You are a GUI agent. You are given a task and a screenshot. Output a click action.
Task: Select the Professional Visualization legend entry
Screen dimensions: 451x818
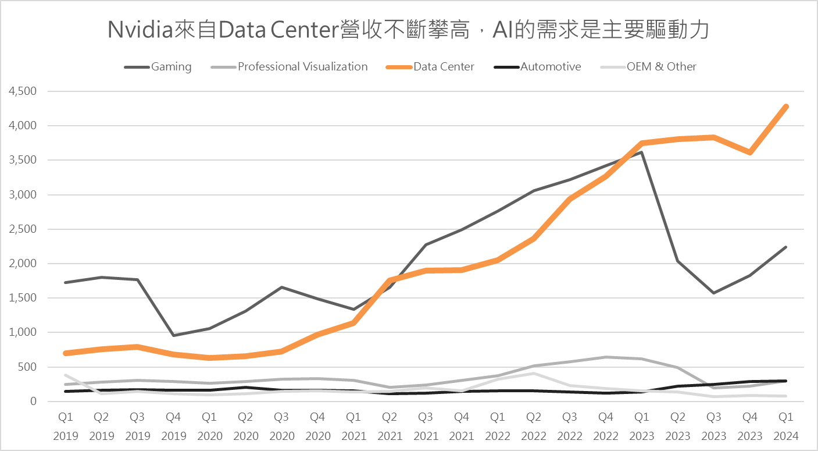tap(302, 67)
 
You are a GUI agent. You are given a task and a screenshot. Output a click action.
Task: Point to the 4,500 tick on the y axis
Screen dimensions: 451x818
tap(23, 91)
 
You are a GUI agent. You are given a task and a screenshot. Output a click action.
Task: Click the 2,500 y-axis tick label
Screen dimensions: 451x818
tap(23, 229)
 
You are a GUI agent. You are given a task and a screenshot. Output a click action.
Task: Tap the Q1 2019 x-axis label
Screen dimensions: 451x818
tap(66, 426)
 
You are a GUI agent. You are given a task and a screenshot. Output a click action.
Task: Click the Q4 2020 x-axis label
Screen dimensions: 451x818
tap(317, 426)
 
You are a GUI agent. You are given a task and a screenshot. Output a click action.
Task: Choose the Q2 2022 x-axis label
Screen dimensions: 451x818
tap(534, 426)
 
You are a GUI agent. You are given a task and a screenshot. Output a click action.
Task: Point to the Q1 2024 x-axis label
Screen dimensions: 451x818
tap(786, 426)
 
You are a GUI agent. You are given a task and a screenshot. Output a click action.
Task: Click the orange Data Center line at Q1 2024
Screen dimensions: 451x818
tap(786, 106)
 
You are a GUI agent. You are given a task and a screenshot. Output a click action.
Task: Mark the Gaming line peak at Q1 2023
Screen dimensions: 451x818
tap(641, 152)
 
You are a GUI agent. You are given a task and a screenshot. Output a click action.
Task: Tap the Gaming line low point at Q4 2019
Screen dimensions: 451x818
tap(173, 335)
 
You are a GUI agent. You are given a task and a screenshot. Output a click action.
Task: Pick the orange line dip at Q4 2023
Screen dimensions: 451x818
tap(750, 152)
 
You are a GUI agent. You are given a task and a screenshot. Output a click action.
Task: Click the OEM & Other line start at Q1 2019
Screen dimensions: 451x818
tap(66, 375)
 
